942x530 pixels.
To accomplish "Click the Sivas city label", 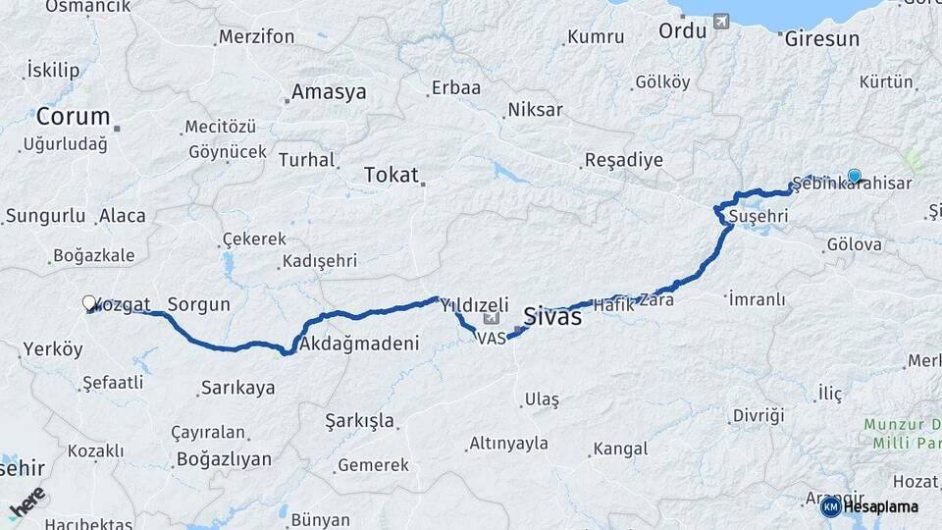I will [x=552, y=317].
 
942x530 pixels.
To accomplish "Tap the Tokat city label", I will [x=391, y=176].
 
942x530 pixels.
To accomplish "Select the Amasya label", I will [x=328, y=92].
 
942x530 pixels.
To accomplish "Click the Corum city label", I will [x=73, y=116].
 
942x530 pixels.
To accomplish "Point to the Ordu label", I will [x=682, y=30].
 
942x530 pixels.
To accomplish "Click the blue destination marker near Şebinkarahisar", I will [x=854, y=177].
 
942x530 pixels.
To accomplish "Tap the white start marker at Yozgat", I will [x=89, y=303].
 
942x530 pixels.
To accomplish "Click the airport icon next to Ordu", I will [x=723, y=21].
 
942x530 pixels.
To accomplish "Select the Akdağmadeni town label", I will [x=359, y=344].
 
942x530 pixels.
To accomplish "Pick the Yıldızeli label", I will [x=474, y=304].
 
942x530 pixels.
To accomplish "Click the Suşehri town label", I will [x=753, y=215].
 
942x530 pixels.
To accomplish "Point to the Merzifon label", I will [x=256, y=36].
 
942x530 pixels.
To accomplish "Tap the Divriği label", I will [x=759, y=416].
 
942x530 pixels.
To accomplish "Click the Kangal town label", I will [x=618, y=449].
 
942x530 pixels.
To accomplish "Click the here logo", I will [x=26, y=503].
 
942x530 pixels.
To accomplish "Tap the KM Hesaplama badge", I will [x=869, y=506].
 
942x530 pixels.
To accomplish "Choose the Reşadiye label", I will [x=623, y=160].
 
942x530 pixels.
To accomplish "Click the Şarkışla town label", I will [x=360, y=421].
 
